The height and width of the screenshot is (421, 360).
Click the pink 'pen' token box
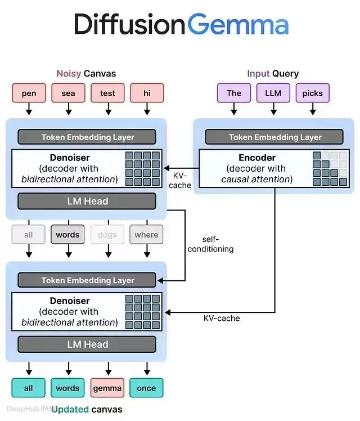click(x=29, y=93)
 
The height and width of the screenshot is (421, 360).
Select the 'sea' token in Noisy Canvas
click(x=69, y=93)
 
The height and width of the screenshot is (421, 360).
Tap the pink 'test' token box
click(x=107, y=93)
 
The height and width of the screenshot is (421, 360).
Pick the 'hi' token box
click(x=147, y=93)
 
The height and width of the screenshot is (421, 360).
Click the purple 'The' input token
click(x=234, y=93)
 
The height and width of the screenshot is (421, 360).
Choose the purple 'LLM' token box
click(x=273, y=93)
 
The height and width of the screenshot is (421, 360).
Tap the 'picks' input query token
click(x=313, y=93)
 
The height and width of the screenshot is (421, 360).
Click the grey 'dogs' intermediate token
click(x=107, y=234)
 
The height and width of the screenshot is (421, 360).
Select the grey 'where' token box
click(x=146, y=234)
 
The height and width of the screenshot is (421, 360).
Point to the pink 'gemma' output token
click(x=107, y=388)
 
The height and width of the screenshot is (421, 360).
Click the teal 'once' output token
click(x=146, y=388)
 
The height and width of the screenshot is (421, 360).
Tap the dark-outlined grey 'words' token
click(x=67, y=234)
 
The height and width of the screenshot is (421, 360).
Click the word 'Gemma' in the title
click(x=238, y=25)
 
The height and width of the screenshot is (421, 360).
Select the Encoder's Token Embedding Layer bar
click(x=274, y=137)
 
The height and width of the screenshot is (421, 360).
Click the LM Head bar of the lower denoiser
click(x=87, y=344)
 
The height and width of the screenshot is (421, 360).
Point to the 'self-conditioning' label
click(x=210, y=244)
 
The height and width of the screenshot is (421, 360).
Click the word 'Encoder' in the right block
click(x=257, y=158)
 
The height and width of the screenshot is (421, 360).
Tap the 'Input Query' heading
click(x=273, y=73)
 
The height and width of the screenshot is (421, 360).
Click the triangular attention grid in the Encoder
click(x=330, y=169)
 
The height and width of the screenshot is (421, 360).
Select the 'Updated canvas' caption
click(x=87, y=409)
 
